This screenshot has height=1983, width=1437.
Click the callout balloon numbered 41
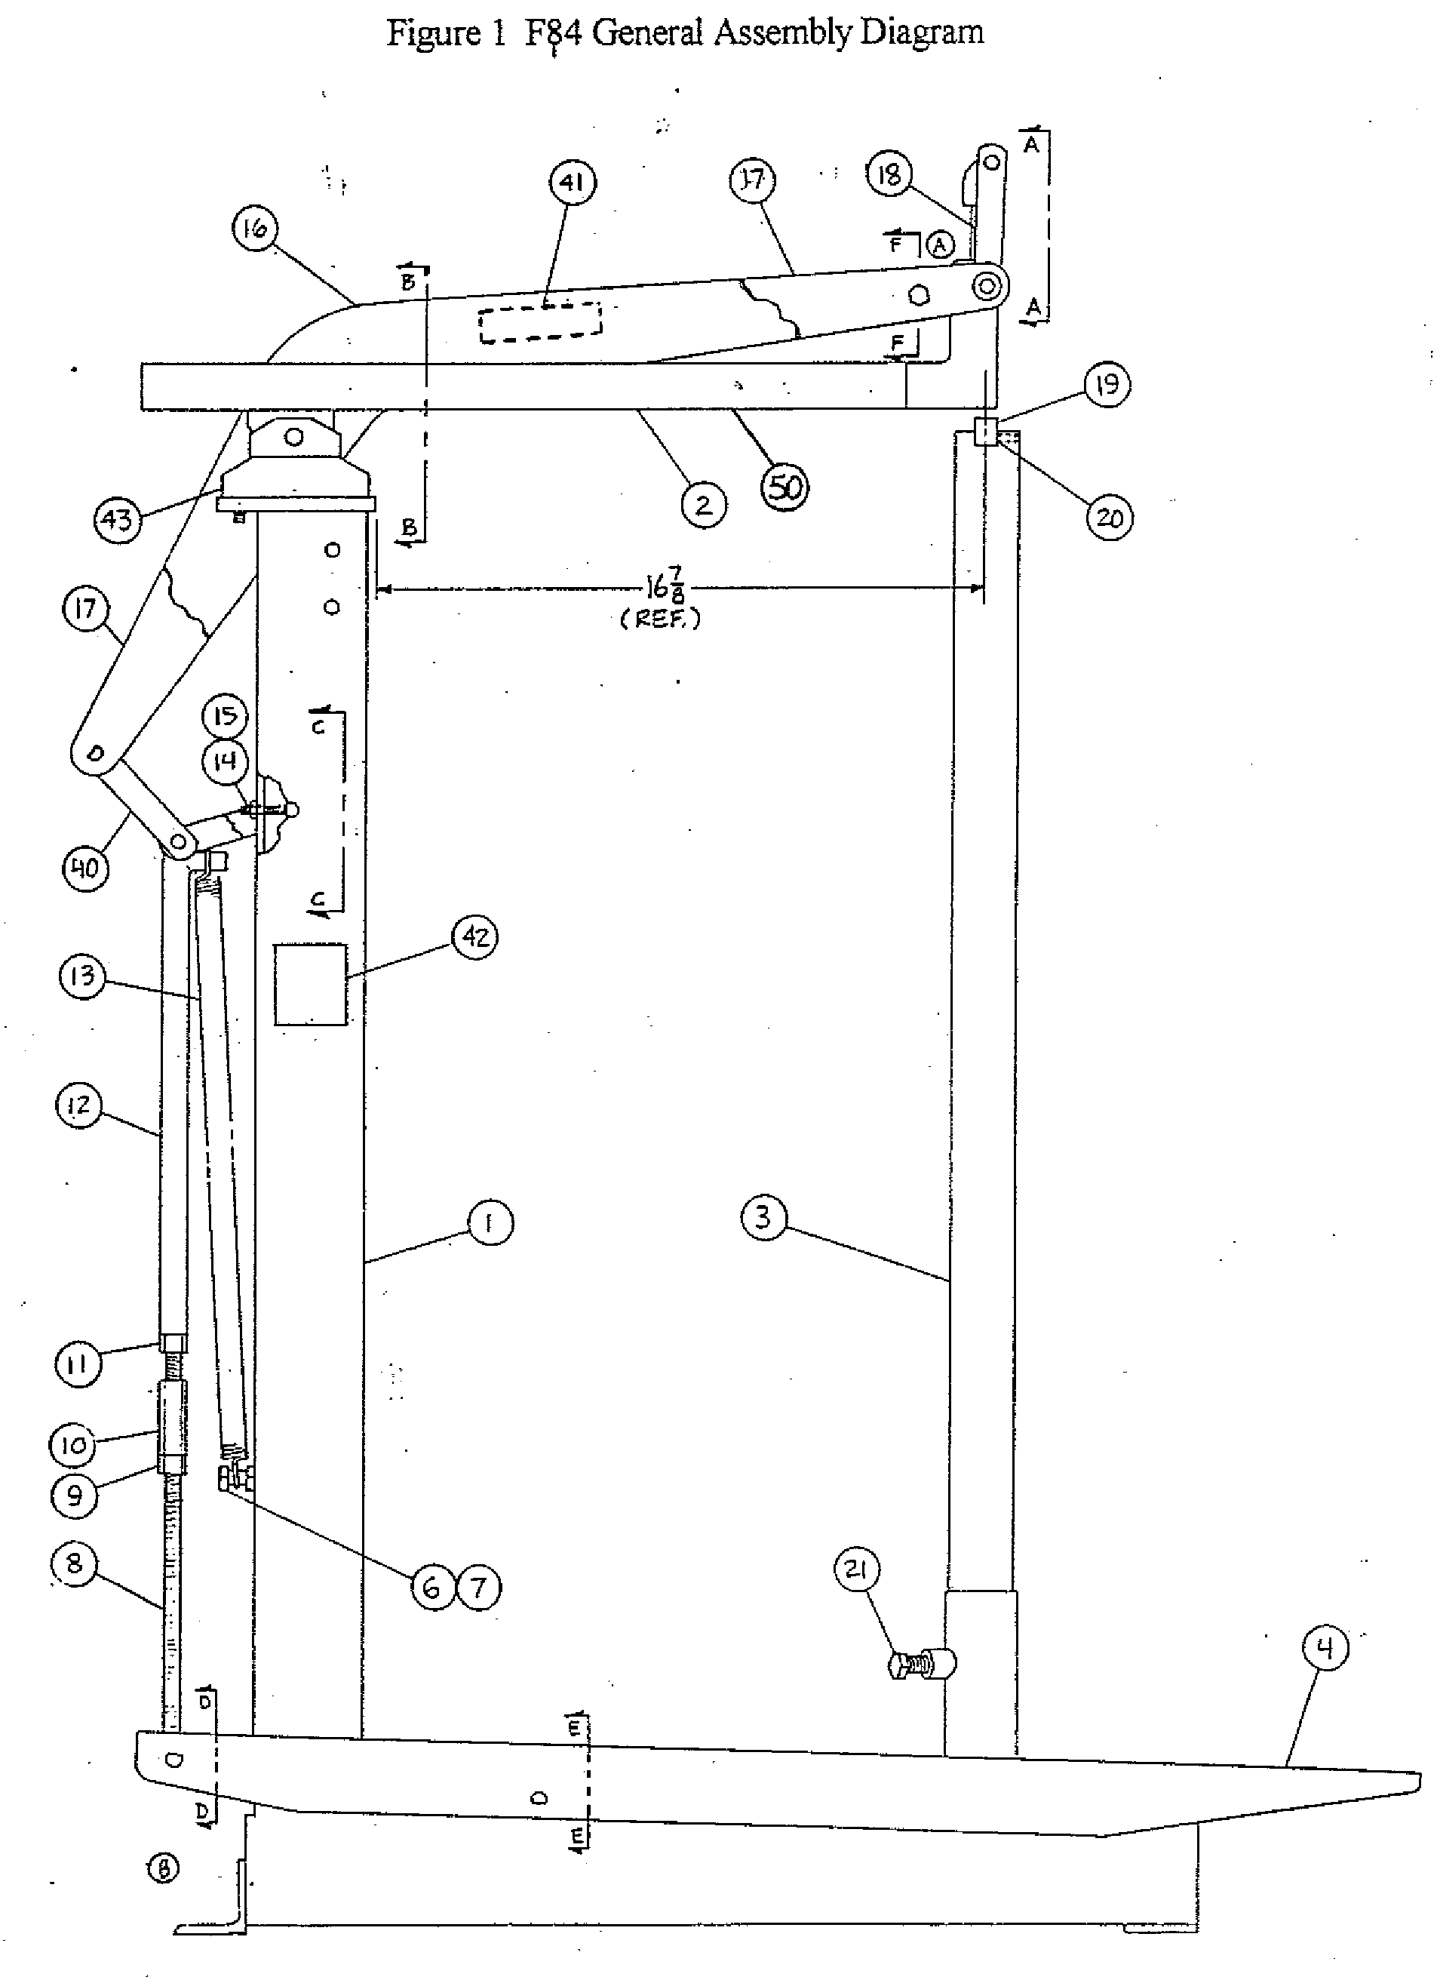[x=572, y=183]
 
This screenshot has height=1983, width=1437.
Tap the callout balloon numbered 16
[x=254, y=229]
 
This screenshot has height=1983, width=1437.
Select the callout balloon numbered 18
[x=889, y=175]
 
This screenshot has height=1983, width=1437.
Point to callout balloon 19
[x=1107, y=385]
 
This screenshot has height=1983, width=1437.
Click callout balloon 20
[x=1109, y=518]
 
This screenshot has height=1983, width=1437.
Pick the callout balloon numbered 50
[x=785, y=487]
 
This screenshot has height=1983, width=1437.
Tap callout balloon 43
[x=117, y=520]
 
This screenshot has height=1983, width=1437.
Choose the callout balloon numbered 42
[x=474, y=937]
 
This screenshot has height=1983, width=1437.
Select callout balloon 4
[x=1325, y=1649]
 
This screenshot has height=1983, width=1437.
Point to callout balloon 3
[x=763, y=1217]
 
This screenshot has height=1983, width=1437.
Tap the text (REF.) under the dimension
[x=660, y=619]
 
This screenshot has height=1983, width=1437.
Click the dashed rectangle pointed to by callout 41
[x=540, y=323]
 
